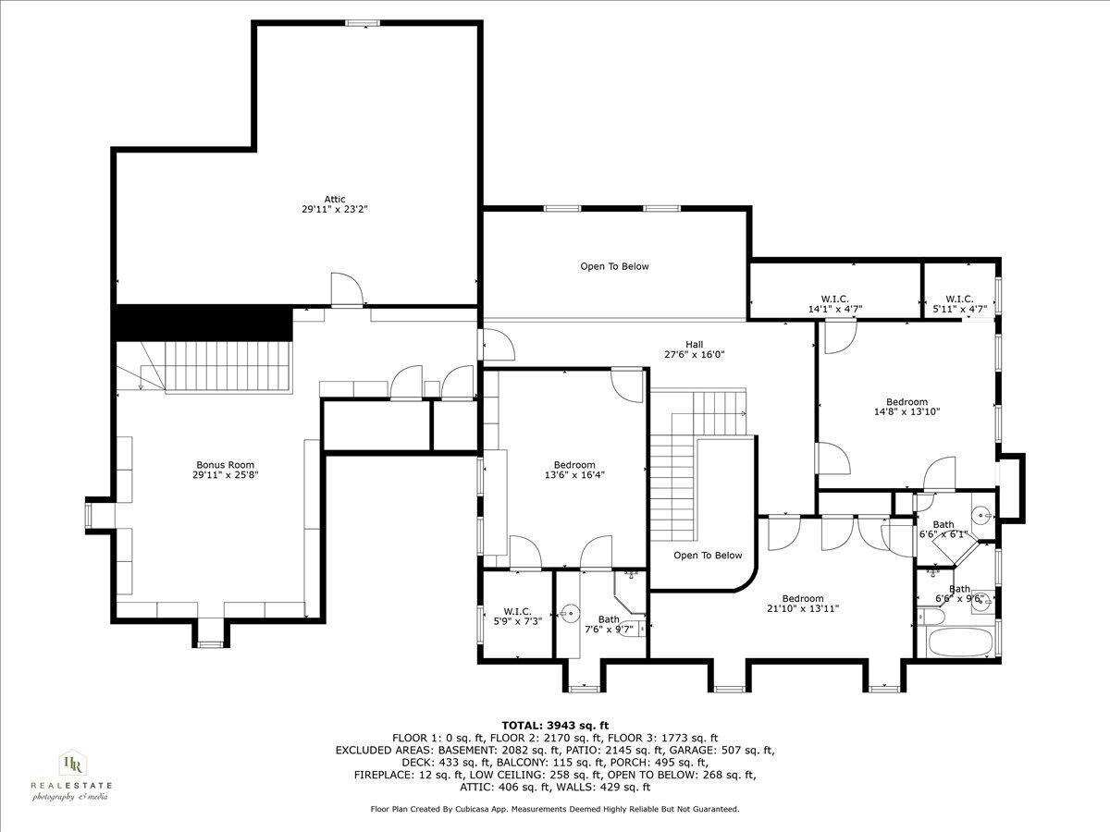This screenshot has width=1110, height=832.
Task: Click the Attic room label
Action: pyautogui.click(x=334, y=204)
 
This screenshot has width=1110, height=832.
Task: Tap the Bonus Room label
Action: pyautogui.click(x=225, y=470)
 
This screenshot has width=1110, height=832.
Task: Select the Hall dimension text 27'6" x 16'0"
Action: pyautogui.click(x=693, y=354)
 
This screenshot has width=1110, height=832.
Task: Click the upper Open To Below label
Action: pyautogui.click(x=614, y=266)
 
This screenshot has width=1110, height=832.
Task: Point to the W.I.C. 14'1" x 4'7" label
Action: pyautogui.click(x=828, y=304)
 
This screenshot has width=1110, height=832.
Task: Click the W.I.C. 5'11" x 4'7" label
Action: pyautogui.click(x=959, y=304)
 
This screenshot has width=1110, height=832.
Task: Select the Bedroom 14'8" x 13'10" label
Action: pyautogui.click(x=906, y=407)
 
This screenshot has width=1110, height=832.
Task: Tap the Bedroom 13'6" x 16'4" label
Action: pyautogui.click(x=574, y=470)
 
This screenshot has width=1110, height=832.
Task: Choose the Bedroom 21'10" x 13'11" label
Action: pyautogui.click(x=802, y=603)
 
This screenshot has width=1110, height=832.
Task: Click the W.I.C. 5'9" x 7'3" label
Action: pyautogui.click(x=516, y=616)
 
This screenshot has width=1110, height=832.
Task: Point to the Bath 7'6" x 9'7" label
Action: pyautogui.click(x=608, y=624)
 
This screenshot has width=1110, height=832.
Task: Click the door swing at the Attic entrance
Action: pyautogui.click(x=344, y=289)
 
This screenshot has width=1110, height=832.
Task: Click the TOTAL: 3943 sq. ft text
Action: pyautogui.click(x=555, y=725)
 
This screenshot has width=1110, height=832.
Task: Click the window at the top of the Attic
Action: pyautogui.click(x=363, y=22)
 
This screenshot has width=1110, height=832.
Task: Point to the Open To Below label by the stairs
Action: pyautogui.click(x=708, y=556)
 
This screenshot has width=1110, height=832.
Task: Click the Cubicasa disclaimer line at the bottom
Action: pyautogui.click(x=555, y=809)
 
